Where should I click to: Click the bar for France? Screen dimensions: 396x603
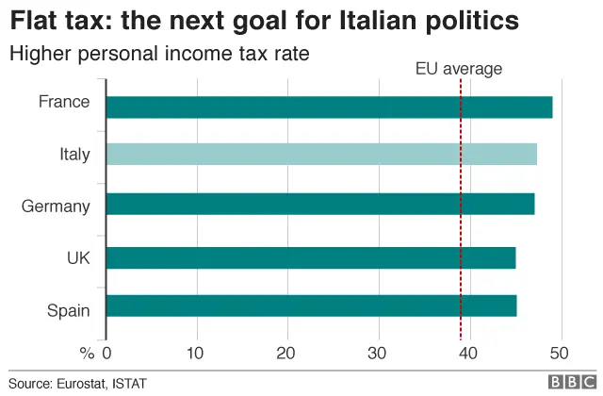(329, 107)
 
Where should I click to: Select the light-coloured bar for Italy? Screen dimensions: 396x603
(321, 154)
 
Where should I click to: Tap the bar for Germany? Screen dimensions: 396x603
(320, 204)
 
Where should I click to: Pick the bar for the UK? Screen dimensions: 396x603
(311, 257)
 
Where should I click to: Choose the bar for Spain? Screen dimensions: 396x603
(311, 305)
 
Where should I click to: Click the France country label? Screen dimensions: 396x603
(64, 102)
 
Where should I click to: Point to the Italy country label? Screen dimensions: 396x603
(73, 154)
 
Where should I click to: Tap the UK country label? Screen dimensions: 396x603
(78, 257)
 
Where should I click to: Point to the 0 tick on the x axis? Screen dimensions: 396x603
(106, 354)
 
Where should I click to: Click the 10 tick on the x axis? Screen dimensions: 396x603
(197, 354)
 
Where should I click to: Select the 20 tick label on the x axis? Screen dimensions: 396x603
(288, 354)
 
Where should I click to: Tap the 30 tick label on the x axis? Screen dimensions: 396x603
(379, 354)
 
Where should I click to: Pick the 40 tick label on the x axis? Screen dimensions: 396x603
(470, 354)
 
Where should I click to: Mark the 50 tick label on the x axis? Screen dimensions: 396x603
(561, 354)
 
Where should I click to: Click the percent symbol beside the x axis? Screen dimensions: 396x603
(87, 354)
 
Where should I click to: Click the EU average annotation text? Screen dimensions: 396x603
(459, 68)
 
